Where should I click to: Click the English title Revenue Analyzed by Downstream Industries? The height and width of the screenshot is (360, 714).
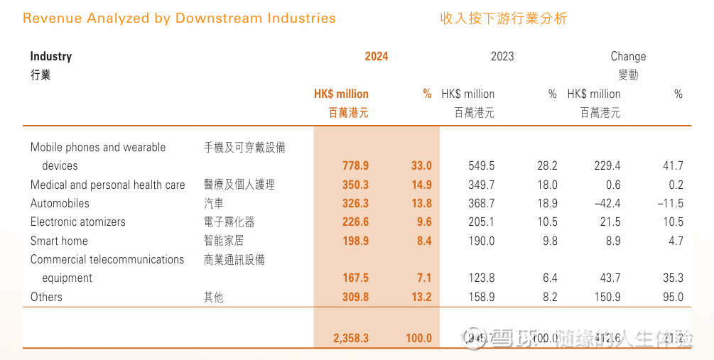179,18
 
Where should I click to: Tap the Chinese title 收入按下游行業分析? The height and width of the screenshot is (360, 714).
503,18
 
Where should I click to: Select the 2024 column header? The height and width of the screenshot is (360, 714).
377,56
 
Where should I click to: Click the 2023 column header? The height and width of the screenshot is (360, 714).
502,56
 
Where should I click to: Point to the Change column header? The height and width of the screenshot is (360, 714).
628,56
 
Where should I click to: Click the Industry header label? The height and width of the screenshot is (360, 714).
51,56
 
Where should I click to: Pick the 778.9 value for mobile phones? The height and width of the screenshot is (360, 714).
355,165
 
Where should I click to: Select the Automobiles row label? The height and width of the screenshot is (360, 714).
60,203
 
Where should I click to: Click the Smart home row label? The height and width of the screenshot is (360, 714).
59,241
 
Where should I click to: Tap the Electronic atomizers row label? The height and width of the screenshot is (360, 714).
77,222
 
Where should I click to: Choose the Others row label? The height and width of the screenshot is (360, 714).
46,297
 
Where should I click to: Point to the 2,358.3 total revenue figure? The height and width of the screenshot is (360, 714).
351,338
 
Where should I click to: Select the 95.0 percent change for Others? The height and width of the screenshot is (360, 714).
671,297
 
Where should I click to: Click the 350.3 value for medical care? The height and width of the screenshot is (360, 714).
355,185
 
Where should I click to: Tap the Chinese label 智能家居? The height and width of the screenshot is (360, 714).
224,241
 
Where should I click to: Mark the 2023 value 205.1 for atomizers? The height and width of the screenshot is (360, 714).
481,222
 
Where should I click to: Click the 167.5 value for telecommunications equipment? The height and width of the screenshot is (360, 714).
355,278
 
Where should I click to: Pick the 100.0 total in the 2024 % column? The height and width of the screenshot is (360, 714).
418,338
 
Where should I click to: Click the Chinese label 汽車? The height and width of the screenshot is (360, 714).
214,203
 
